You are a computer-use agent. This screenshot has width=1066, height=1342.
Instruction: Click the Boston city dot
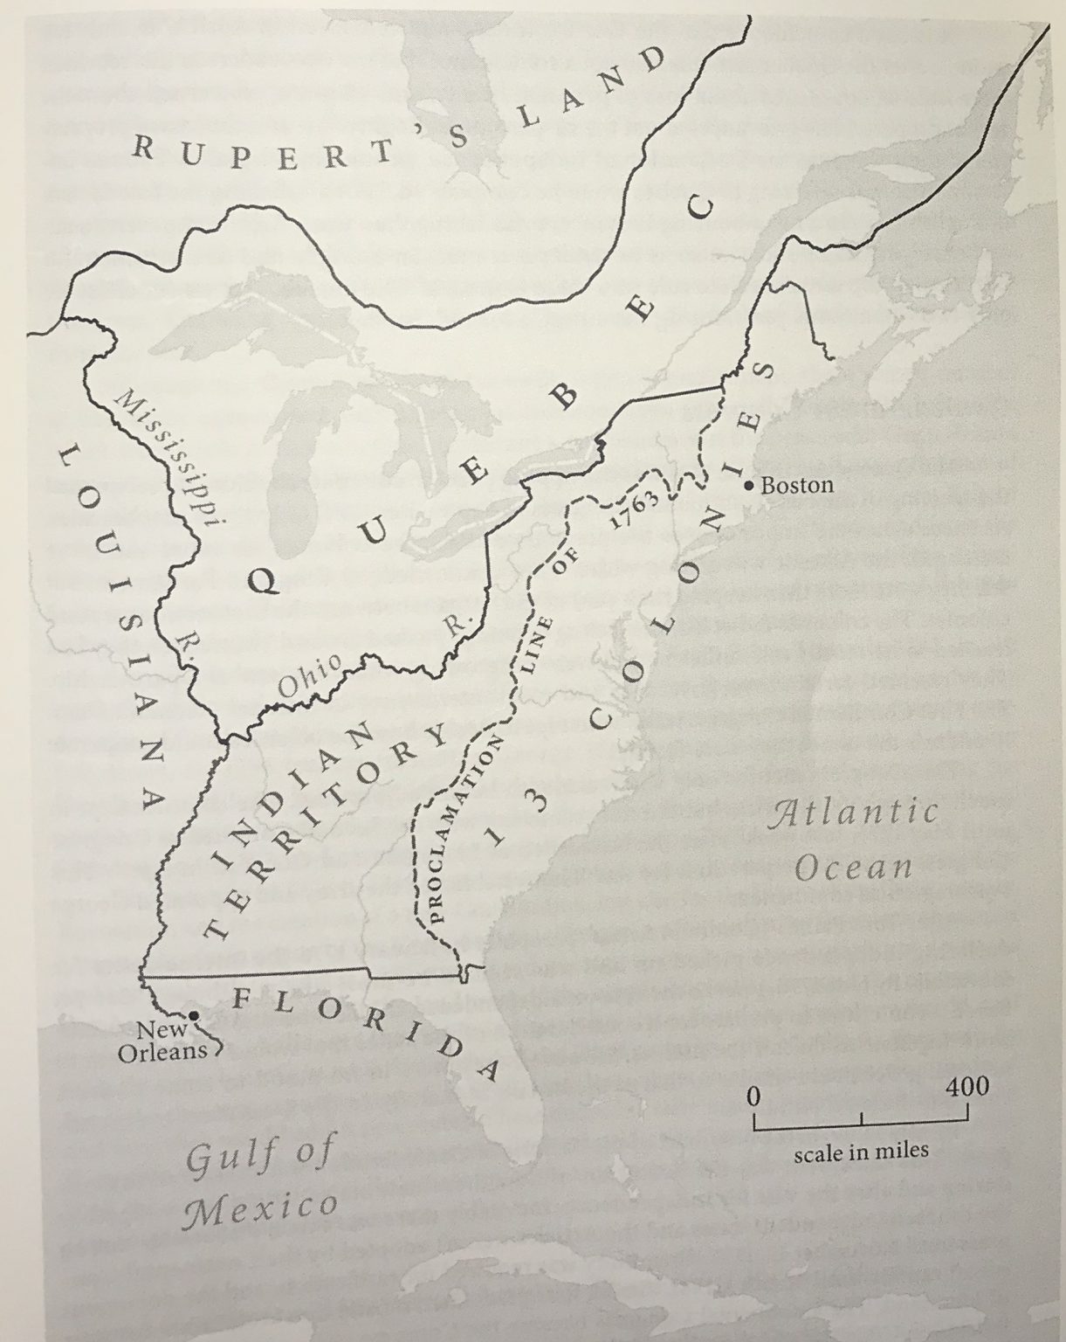pos(749,485)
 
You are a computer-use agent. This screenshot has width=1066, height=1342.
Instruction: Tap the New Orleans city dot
pos(194,1015)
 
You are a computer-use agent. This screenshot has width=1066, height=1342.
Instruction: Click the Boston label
pos(797,485)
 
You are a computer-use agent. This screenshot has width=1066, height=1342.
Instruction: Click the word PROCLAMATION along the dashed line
pos(464,830)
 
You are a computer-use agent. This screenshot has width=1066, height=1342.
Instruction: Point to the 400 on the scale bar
pos(967,1086)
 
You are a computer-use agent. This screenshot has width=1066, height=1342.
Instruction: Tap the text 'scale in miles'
pos(861,1152)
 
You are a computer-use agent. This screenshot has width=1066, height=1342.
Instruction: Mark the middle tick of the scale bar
pos(862,1119)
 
